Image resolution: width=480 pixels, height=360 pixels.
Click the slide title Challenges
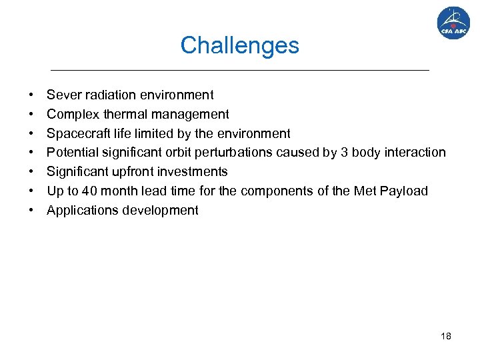[239, 45]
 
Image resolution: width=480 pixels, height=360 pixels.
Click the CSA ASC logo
[453, 23]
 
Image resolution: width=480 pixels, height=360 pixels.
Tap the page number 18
[445, 336]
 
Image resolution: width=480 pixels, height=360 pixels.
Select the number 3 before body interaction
[344, 153]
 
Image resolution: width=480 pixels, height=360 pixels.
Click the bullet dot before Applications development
[31, 211]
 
